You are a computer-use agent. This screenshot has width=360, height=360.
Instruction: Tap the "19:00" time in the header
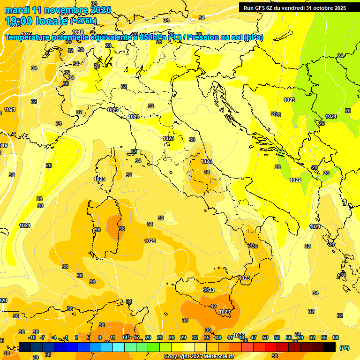click(22, 21)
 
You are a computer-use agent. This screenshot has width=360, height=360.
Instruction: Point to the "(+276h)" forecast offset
click(83, 21)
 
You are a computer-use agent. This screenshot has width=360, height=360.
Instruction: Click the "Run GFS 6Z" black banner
click(295, 7)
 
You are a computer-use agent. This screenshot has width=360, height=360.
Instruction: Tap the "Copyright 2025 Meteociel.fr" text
click(199, 357)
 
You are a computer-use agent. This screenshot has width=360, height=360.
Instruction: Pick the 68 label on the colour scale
click(336, 337)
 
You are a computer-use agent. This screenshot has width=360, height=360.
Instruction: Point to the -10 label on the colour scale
click(32, 337)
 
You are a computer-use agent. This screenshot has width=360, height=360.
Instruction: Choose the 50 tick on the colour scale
click(265, 337)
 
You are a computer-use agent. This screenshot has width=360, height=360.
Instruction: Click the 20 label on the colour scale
click(148, 337)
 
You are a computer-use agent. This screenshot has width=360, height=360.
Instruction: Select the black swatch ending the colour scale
click(330, 347)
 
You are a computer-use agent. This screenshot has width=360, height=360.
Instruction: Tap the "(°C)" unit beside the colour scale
click(345, 347)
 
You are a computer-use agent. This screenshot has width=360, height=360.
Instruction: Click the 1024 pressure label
click(331, 116)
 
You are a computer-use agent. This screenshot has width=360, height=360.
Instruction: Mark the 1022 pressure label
click(295, 180)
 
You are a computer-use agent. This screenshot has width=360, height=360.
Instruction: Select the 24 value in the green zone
click(340, 56)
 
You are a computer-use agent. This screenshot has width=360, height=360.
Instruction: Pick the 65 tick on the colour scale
click(324, 337)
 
